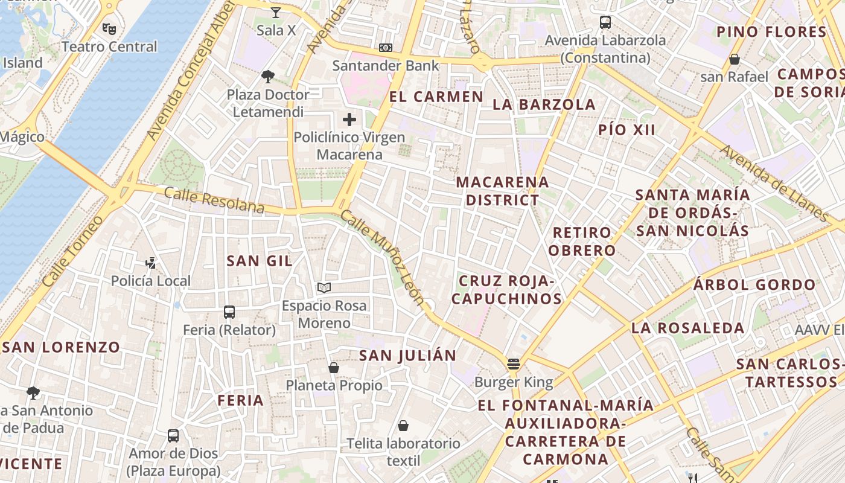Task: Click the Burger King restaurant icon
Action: click(514, 364)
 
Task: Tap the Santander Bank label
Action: click(386, 65)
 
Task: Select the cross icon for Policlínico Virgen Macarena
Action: click(349, 120)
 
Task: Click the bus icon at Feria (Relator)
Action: click(229, 312)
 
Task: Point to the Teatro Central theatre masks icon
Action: click(109, 28)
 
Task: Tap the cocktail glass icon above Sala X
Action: click(276, 13)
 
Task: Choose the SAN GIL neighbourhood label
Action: click(259, 261)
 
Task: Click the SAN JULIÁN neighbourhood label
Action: click(407, 356)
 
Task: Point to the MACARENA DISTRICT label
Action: click(502, 191)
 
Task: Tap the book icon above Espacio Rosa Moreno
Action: click(324, 288)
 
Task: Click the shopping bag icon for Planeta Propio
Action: click(334, 368)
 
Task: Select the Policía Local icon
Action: click(151, 263)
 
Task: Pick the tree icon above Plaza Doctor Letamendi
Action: click(268, 77)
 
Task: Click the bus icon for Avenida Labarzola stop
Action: click(605, 23)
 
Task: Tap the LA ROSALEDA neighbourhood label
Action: click(687, 328)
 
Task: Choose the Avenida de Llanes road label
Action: click(775, 184)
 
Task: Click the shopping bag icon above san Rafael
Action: click(735, 59)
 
